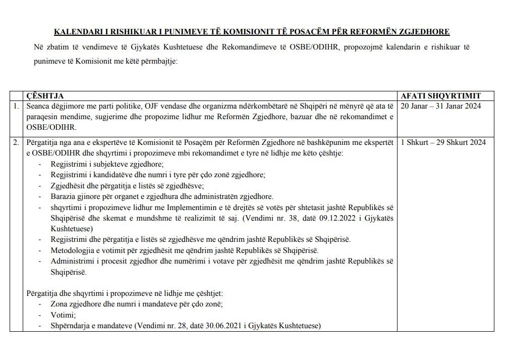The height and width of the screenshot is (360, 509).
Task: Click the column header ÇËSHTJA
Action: coord(45,96)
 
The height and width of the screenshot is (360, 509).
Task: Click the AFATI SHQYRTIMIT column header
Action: coord(440,96)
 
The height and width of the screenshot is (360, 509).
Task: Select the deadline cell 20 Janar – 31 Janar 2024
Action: coord(440,106)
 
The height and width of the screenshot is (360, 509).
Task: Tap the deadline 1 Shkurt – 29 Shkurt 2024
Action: coord(443,142)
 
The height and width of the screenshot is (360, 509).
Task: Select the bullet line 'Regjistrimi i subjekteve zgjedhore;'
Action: coord(107,164)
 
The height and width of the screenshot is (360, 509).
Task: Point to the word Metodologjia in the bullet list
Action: coord(73,250)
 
